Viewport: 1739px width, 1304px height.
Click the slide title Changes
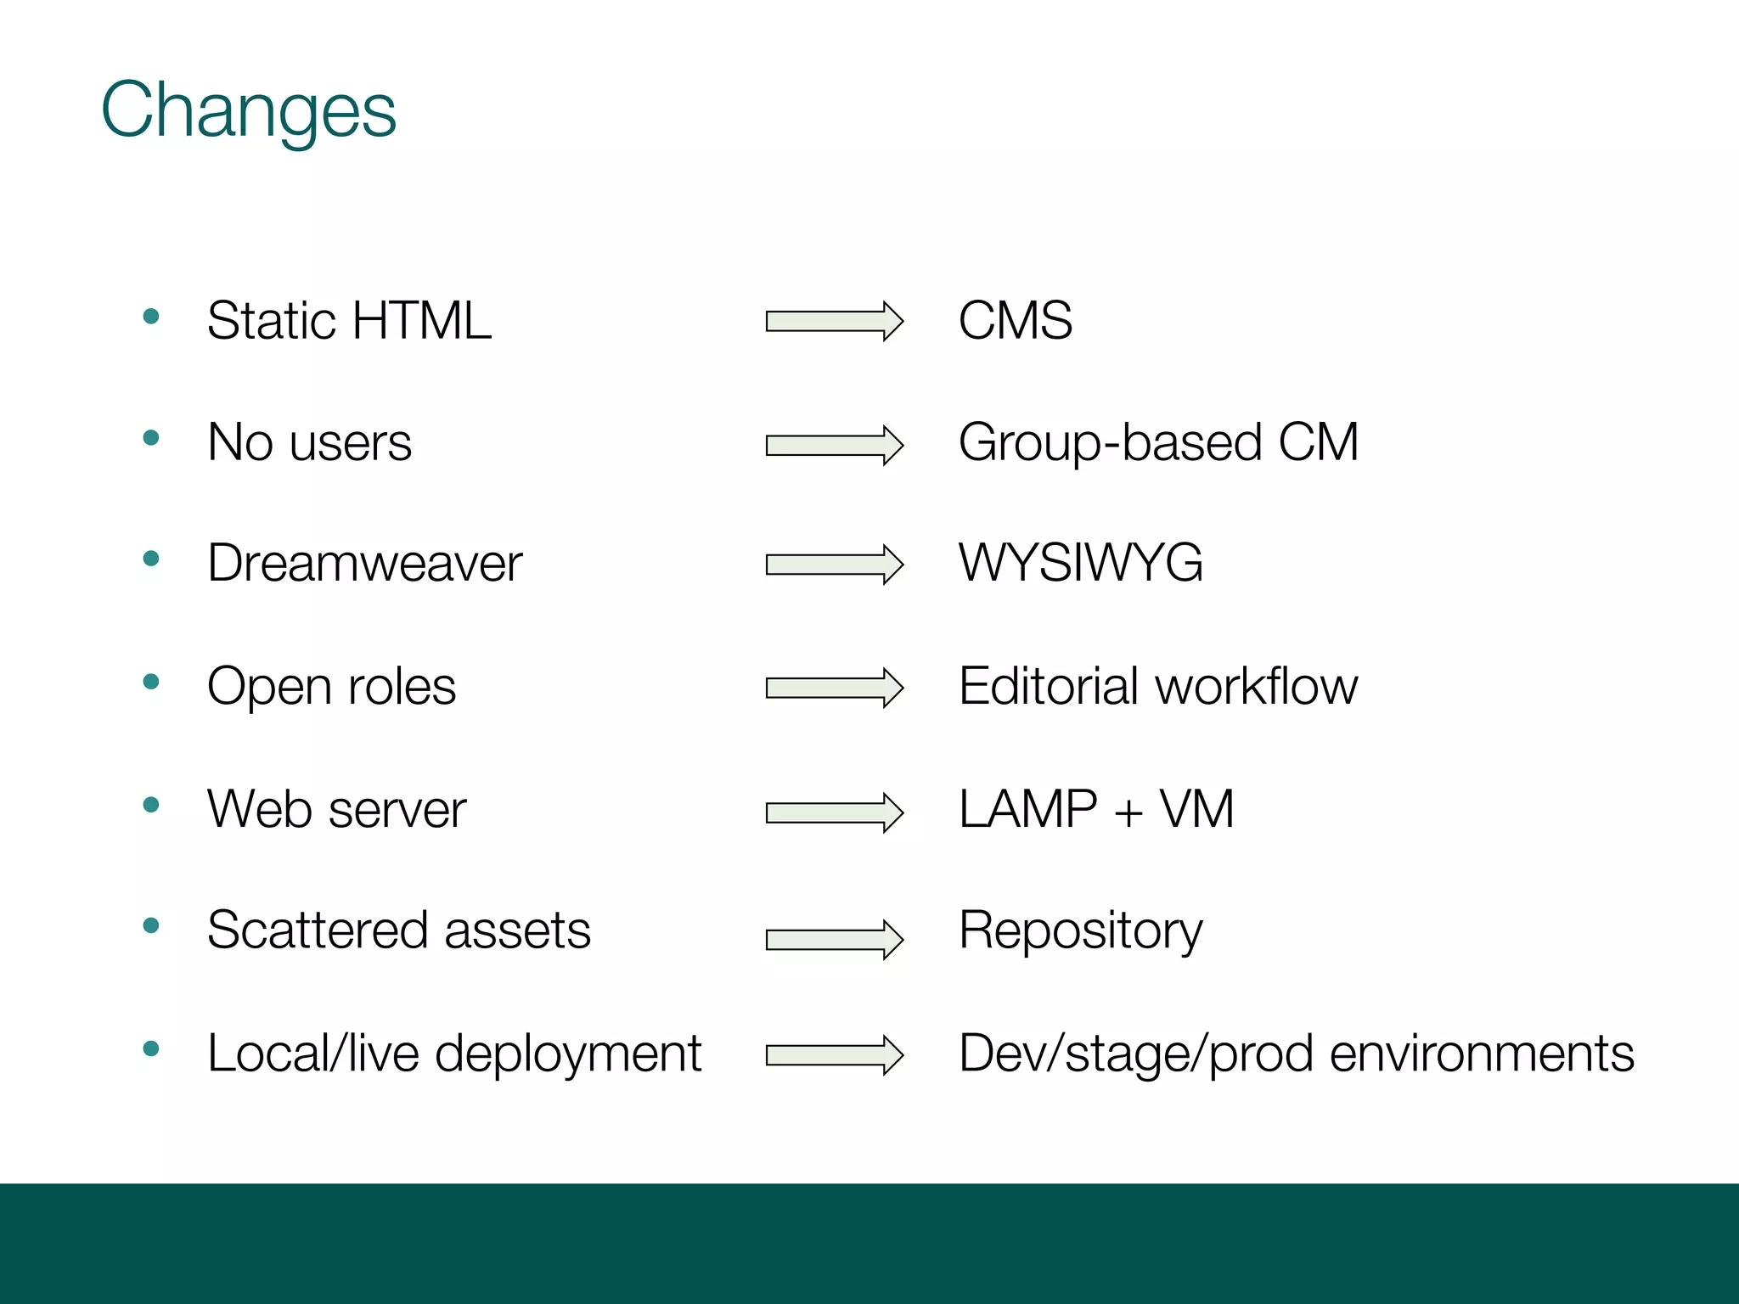248,110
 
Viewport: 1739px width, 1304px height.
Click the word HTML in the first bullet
421,321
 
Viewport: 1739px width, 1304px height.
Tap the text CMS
1015,321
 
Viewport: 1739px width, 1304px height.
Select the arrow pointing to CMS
834,321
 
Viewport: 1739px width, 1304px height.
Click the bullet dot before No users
152,438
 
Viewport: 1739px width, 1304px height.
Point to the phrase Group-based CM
1158,443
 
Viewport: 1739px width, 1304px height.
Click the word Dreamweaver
365,563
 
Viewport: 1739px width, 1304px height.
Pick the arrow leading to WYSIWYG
834,565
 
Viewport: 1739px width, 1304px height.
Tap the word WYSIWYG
1080,563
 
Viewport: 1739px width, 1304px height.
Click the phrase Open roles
331,686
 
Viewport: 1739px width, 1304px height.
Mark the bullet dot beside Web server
152,805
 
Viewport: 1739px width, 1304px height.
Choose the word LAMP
1027,808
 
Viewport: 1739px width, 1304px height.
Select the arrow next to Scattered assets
834,939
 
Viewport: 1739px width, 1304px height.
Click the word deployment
568,1054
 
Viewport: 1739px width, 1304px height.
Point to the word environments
1481,1054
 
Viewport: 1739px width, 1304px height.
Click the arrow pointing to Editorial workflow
834,688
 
